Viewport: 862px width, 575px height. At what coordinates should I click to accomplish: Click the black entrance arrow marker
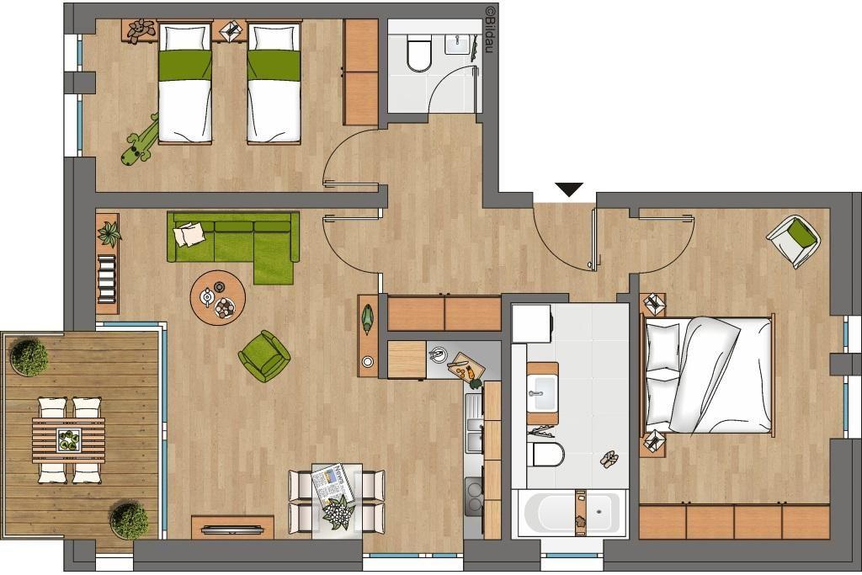[569, 189]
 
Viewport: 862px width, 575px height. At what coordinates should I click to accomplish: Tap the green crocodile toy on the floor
[139, 141]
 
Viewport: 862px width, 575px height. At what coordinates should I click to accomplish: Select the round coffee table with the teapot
[218, 297]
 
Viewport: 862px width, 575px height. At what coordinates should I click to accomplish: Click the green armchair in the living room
[263, 356]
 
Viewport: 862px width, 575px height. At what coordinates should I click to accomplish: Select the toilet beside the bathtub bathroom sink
[547, 455]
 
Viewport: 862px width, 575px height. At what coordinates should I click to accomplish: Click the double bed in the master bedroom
[708, 375]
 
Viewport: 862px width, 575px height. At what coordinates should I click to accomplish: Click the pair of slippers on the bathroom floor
[608, 459]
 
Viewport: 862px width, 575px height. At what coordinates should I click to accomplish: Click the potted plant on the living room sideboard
[109, 234]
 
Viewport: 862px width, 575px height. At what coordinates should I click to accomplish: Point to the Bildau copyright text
[489, 29]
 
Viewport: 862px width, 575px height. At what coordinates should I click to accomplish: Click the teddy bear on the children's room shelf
[141, 30]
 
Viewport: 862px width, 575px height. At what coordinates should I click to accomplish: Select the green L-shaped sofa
[234, 244]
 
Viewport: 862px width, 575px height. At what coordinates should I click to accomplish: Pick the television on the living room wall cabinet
[231, 530]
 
